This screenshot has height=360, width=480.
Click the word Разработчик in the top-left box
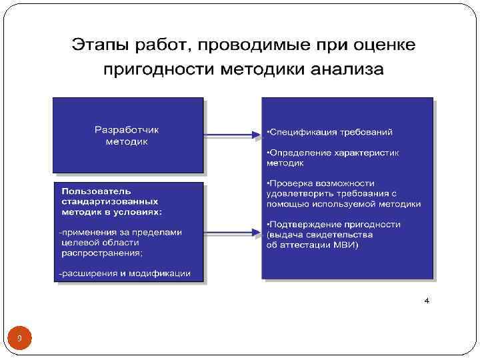click(x=127, y=129)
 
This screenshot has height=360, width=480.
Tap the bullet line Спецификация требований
click(x=329, y=132)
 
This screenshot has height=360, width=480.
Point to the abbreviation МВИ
click(x=347, y=245)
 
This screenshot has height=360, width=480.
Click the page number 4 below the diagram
click(x=427, y=301)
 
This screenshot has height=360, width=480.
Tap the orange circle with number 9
click(x=19, y=339)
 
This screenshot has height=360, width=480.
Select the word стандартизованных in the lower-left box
click(x=109, y=201)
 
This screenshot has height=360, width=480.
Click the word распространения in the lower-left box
click(x=100, y=253)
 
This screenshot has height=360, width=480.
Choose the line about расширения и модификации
click(x=125, y=273)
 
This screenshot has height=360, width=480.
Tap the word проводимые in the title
click(x=242, y=46)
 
